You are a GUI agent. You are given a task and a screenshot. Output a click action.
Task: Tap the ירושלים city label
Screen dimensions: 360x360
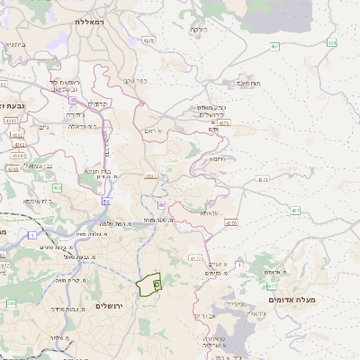pos(113,306)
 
